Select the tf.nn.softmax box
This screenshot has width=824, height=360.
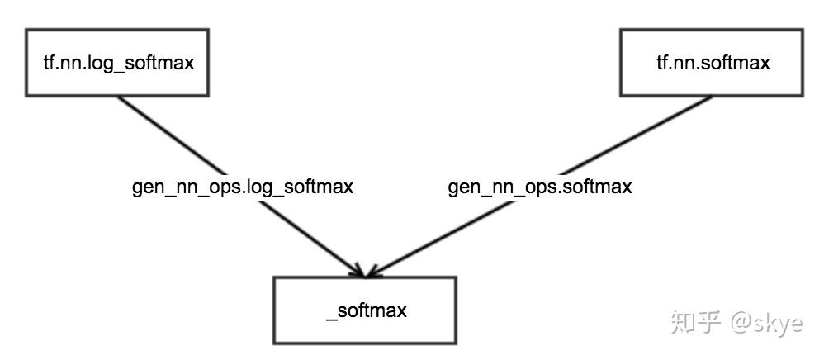pyautogui.click(x=712, y=63)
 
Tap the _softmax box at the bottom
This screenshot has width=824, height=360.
pyautogui.click(x=364, y=310)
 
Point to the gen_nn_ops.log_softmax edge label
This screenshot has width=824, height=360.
pyautogui.click(x=243, y=187)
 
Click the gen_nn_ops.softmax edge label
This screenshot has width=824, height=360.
pyautogui.click(x=540, y=187)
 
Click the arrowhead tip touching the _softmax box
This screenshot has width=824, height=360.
pyautogui.click(x=364, y=275)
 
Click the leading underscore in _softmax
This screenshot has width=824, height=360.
pyautogui.click(x=330, y=317)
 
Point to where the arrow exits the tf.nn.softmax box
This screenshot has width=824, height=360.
pyautogui.click(x=711, y=96)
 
